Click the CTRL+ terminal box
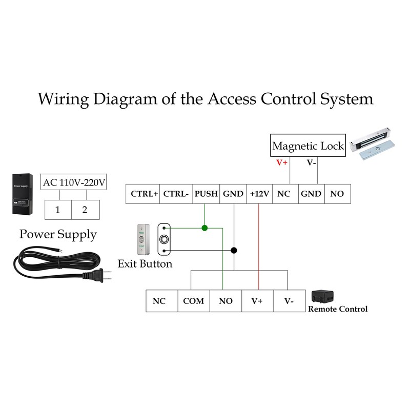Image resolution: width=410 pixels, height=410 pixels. [x=143, y=194]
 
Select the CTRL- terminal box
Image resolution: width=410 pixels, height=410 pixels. [x=176, y=194]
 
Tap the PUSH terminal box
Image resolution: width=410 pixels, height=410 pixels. [x=206, y=194]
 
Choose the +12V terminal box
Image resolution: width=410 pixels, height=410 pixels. [x=259, y=194]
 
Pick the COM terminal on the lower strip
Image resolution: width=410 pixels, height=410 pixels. [x=193, y=301]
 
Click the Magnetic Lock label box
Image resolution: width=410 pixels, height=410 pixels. [x=308, y=146]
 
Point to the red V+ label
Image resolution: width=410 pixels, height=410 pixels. [x=282, y=162]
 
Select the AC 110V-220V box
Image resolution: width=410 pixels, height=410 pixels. [x=74, y=182]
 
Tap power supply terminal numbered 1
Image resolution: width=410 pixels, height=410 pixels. [x=58, y=210]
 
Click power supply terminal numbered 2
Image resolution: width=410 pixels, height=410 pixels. [x=85, y=210]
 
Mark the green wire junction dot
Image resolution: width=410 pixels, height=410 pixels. [x=204, y=228]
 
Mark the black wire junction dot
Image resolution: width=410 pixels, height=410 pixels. [x=234, y=251]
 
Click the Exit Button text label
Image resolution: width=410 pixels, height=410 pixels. [x=145, y=264]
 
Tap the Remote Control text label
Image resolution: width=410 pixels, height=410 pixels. [x=337, y=309]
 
